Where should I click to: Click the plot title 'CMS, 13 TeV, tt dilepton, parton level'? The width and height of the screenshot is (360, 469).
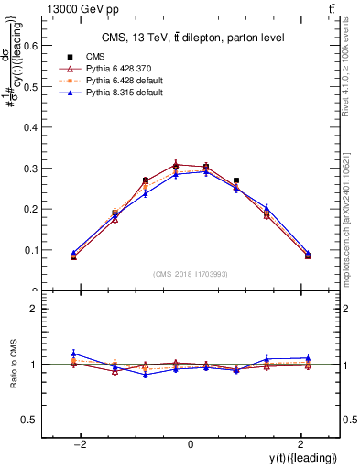(x=190, y=38)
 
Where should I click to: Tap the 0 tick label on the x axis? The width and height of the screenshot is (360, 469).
(x=190, y=444)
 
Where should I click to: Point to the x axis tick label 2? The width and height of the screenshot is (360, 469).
(x=299, y=444)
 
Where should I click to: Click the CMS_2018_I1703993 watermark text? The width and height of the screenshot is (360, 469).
(x=190, y=274)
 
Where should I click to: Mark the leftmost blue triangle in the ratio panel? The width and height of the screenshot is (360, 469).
(x=74, y=354)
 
